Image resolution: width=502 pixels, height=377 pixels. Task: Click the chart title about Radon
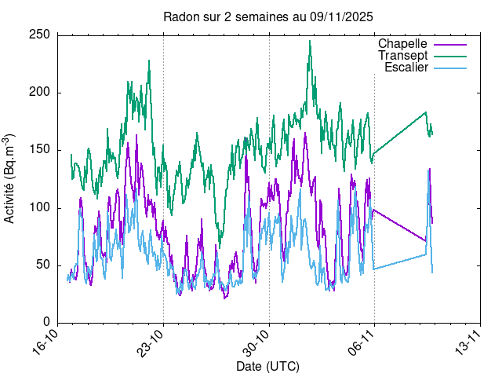(267, 16)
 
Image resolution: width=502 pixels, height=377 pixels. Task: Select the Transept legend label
(402, 56)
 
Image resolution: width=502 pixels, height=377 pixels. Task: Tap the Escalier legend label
(406, 68)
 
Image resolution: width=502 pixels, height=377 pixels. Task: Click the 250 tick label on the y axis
(41, 35)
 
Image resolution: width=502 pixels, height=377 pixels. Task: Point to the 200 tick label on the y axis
(41, 92)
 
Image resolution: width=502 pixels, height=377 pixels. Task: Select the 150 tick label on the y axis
(41, 149)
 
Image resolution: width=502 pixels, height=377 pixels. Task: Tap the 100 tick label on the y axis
(41, 207)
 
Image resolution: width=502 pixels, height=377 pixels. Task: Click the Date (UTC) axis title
(267, 367)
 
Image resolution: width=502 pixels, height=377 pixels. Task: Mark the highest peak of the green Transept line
(310, 42)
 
